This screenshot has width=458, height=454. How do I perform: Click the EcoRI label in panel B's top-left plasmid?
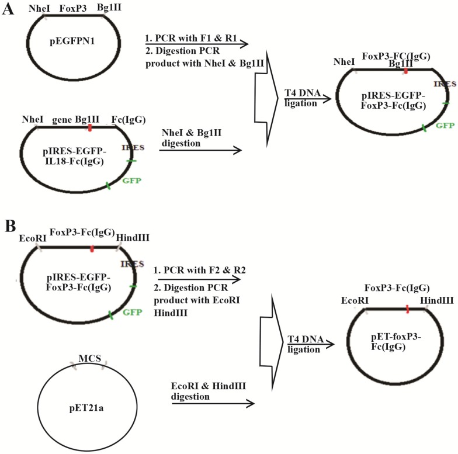tap(29, 237)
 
